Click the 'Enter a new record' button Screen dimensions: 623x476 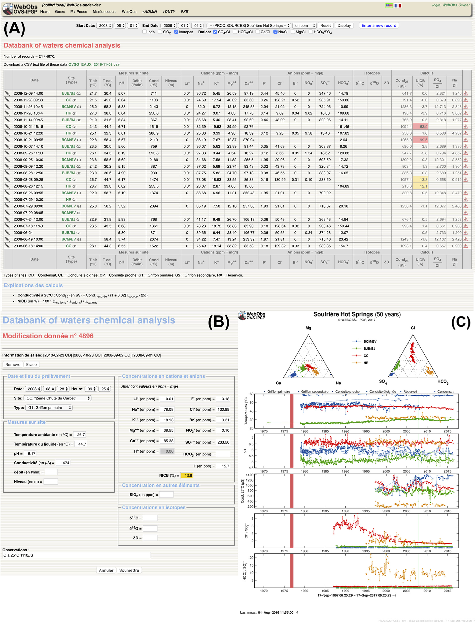tap(379, 25)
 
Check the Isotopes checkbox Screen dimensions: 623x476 tap(176, 32)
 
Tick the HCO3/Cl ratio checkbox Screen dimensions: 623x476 tap(235, 32)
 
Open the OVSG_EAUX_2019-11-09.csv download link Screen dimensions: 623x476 tap(94, 64)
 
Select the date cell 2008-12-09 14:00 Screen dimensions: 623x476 tap(28, 93)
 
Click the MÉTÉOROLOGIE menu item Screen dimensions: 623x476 tap(104, 12)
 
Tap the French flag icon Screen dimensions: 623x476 tap(397, 5)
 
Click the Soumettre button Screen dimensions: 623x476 tap(129, 570)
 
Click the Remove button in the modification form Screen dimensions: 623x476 tap(13, 364)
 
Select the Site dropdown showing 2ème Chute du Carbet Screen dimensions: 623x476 tap(57, 398)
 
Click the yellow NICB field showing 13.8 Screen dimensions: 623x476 tap(188, 475)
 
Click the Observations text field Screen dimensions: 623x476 tap(77, 555)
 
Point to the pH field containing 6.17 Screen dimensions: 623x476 tap(31, 453)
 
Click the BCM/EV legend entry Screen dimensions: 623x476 tap(370, 342)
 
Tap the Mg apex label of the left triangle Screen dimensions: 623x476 tap(308, 328)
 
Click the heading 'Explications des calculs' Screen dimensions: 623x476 tap(33, 285)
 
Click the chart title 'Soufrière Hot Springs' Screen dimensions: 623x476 tap(343, 314)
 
